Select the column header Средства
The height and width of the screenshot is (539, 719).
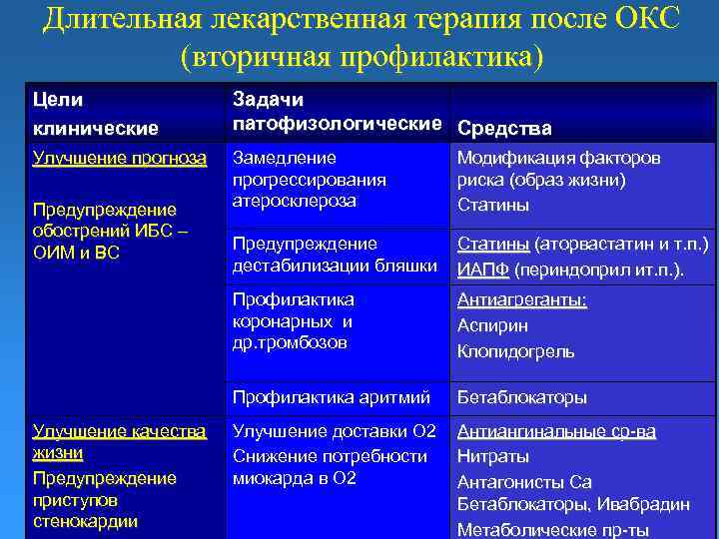pyautogui.click(x=504, y=128)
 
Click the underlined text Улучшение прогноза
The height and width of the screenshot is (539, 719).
pyautogui.click(x=120, y=158)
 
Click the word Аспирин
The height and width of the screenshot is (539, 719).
pyautogui.click(x=493, y=325)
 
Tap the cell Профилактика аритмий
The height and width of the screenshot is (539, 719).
pyautogui.click(x=331, y=397)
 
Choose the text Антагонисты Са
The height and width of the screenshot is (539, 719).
pyautogui.click(x=524, y=481)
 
